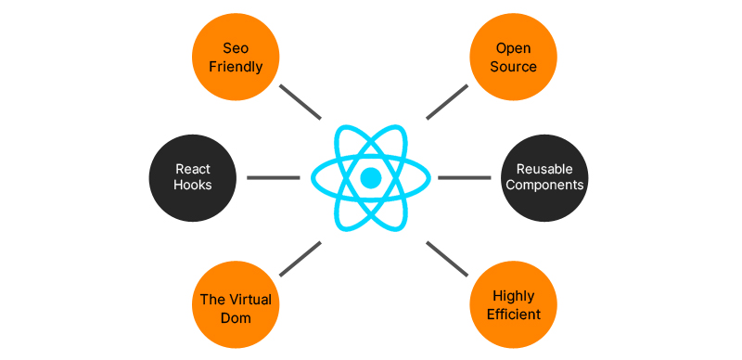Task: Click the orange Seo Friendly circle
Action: [237, 57]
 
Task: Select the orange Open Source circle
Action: [516, 57]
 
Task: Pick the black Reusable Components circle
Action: [544, 177]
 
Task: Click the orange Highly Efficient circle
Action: [516, 306]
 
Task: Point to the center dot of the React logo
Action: [371, 177]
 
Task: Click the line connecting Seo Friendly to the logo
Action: [300, 102]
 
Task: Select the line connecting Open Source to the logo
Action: [447, 102]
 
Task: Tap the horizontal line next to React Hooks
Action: [273, 177]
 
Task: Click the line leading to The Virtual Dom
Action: [300, 258]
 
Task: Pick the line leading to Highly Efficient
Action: [447, 258]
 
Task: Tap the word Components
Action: [544, 185]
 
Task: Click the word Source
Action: [516, 67]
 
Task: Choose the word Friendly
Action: [237, 67]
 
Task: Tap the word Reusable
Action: [544, 169]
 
